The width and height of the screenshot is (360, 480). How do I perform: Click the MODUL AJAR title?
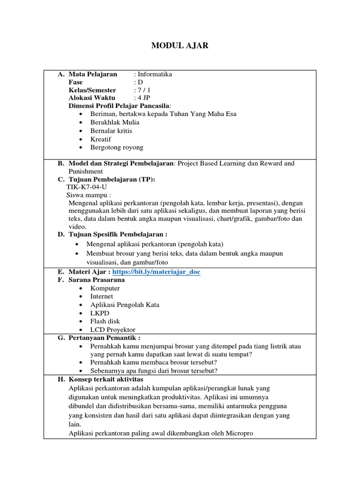(180, 45)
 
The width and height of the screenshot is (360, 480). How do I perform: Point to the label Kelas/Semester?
(92, 90)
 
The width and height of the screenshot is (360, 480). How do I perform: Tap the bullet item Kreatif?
(101, 139)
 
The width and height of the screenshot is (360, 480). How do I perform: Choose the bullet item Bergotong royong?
(117, 147)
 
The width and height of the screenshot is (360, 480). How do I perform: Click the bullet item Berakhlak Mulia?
(115, 122)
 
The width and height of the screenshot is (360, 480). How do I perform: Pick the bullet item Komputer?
(105, 288)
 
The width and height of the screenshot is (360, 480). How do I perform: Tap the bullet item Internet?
(102, 296)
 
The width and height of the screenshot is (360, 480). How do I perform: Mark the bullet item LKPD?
(99, 313)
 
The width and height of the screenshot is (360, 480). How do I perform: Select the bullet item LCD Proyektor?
(112, 330)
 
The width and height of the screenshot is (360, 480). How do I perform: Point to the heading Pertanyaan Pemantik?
(104, 337)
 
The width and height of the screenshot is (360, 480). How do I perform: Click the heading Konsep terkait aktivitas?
(105, 379)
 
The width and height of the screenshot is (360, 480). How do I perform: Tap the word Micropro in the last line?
(239, 434)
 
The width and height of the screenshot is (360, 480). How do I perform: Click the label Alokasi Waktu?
(92, 98)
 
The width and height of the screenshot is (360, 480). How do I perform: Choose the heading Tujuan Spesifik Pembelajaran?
(118, 234)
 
